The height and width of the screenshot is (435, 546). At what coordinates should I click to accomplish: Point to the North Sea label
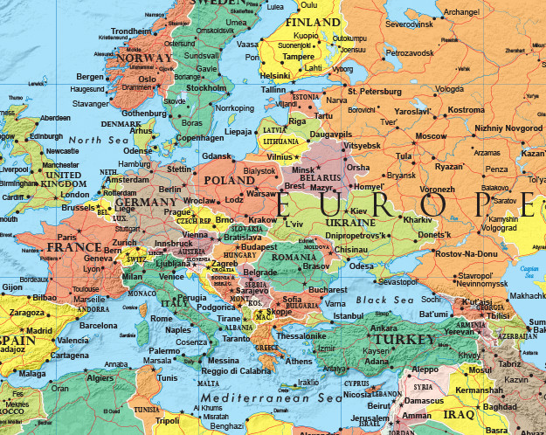click(98, 139)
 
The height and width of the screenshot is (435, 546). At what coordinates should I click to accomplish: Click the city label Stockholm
click(206, 87)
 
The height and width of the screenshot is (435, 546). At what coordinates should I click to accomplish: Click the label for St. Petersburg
click(373, 90)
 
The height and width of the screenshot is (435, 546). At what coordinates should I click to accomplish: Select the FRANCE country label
click(74, 247)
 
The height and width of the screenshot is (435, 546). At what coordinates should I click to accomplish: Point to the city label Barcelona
click(98, 326)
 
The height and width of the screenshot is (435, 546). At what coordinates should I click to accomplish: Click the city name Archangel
click(461, 11)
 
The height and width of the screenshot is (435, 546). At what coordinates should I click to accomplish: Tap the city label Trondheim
click(131, 31)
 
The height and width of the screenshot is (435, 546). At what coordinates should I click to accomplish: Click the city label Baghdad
click(499, 407)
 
